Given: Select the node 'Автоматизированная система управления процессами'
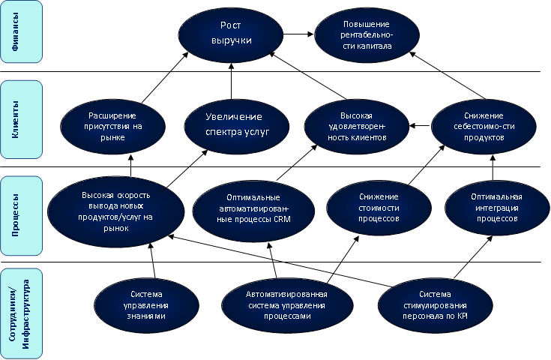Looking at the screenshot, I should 278,304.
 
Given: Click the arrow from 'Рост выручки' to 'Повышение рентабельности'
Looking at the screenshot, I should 299,34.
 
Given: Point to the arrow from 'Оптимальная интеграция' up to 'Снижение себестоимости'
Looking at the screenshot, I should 493,166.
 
